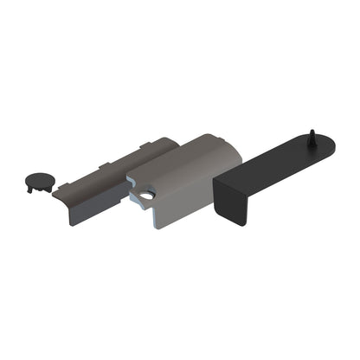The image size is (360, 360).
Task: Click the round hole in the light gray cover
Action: click(148, 196)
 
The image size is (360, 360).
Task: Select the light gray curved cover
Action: click(186, 173)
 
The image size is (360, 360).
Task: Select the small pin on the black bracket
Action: click(310, 138)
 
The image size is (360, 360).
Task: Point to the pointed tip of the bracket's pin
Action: click(310, 131)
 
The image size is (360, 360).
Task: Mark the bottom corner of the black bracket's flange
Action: click(242, 224)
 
